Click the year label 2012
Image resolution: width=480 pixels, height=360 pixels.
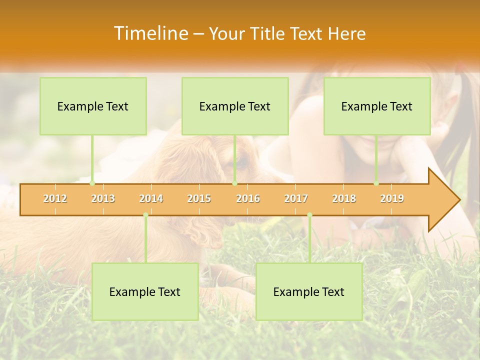tap(55, 199)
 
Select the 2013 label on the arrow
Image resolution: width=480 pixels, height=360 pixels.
tap(103, 199)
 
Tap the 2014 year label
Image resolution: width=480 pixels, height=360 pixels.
tap(151, 199)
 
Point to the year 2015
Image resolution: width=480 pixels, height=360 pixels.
tap(199, 199)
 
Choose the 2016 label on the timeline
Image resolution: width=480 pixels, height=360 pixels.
tap(248, 199)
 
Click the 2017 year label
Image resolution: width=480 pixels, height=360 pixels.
tap(296, 199)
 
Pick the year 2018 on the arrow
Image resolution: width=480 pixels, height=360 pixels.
tap(344, 199)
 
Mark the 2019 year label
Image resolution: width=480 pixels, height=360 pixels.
tap(392, 199)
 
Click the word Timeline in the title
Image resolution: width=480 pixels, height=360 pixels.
tap(150, 33)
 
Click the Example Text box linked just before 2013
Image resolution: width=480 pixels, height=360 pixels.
tap(93, 106)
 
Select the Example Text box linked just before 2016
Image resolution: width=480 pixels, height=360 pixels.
tap(235, 106)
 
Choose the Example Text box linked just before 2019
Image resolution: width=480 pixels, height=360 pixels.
tap(377, 106)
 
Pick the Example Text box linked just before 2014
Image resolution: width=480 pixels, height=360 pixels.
tap(145, 291)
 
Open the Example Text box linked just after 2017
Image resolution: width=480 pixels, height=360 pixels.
tap(309, 291)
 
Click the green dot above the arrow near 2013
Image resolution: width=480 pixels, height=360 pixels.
tap(92, 183)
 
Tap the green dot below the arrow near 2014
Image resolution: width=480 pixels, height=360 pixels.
tap(145, 215)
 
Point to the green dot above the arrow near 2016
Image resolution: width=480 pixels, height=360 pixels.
tap(234, 183)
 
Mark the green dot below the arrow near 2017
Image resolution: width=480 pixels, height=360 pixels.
tap(309, 215)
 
